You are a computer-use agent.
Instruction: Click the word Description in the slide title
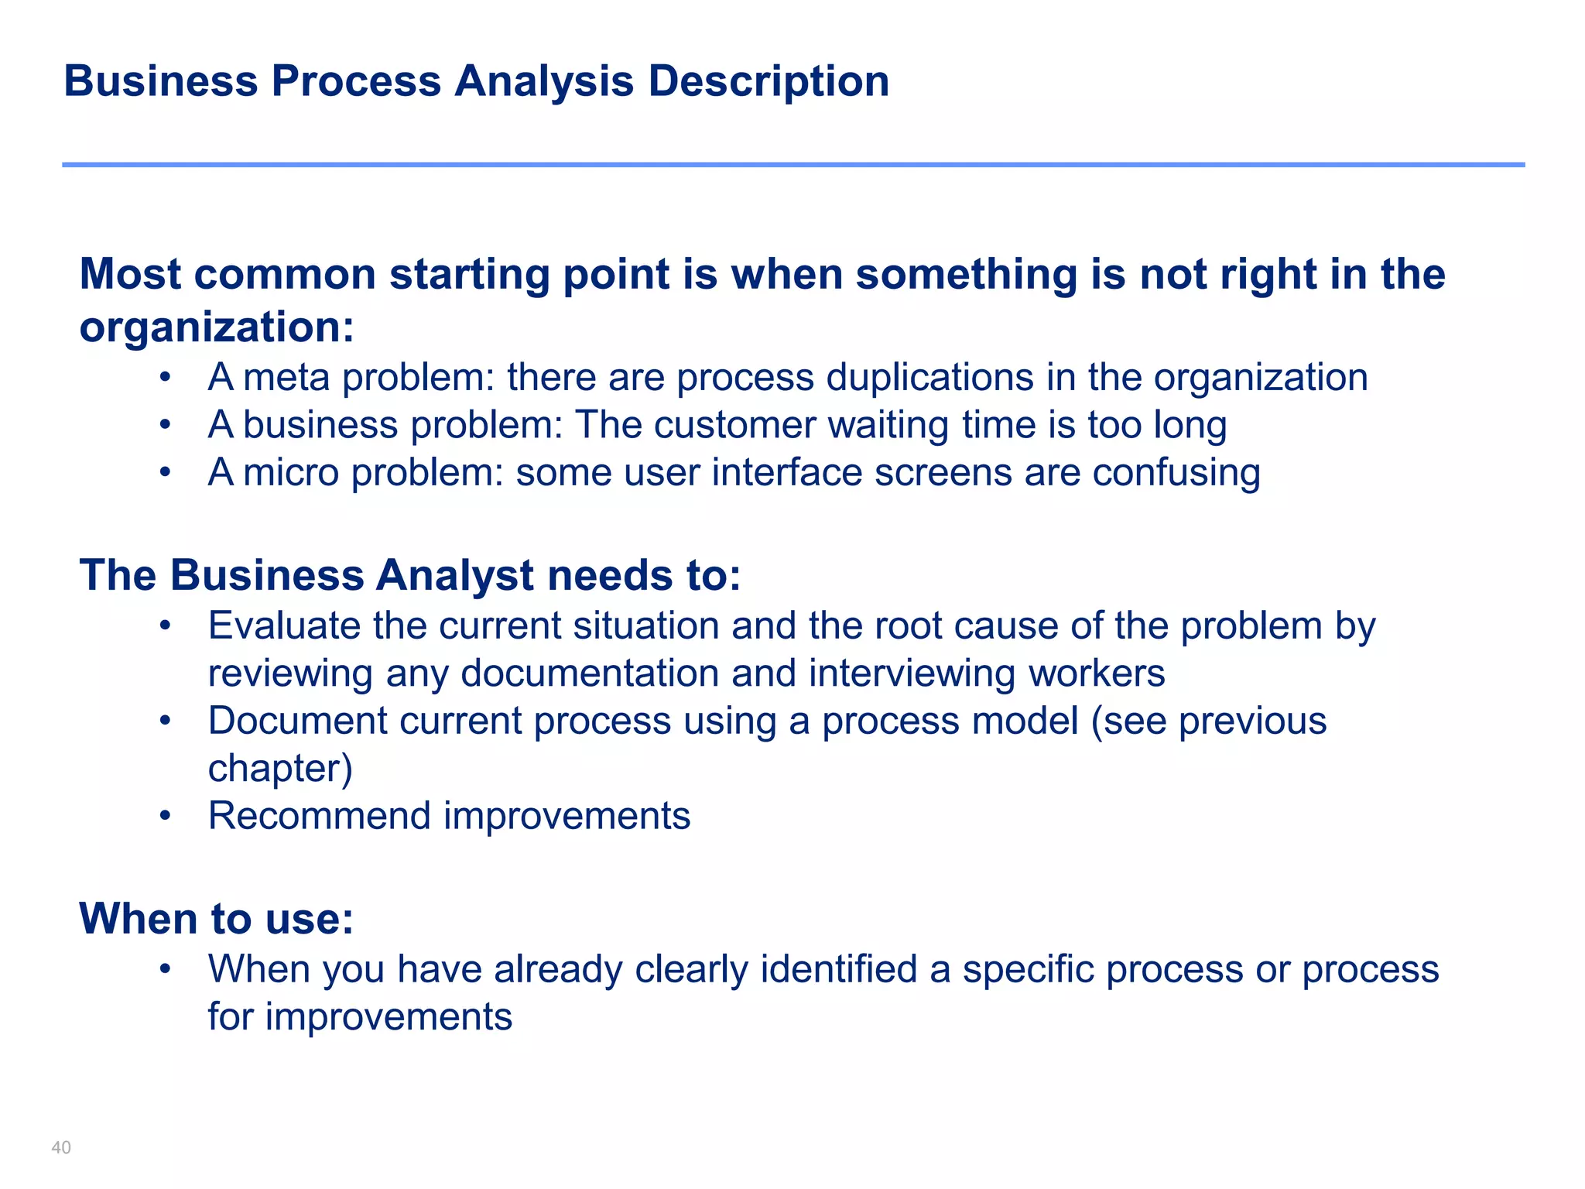click(x=769, y=82)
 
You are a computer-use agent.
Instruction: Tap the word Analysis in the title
click(x=544, y=82)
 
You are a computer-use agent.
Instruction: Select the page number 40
click(x=61, y=1147)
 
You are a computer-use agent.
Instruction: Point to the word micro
click(x=291, y=472)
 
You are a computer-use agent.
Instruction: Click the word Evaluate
click(x=284, y=625)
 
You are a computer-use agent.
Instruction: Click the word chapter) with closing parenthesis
click(x=280, y=768)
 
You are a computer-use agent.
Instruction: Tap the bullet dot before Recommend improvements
click(x=164, y=816)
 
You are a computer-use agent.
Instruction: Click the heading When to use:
click(x=217, y=919)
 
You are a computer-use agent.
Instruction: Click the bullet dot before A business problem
click(x=164, y=425)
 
